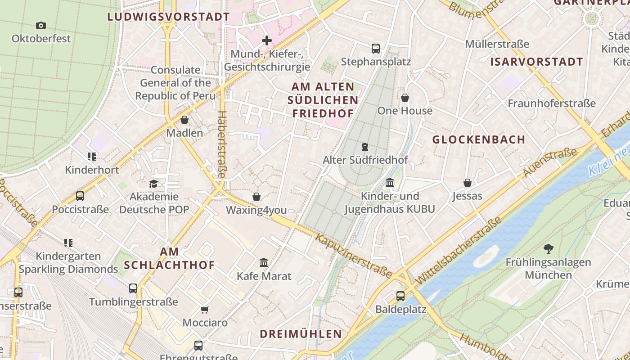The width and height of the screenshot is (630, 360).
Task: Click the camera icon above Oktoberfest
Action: click(x=41, y=25)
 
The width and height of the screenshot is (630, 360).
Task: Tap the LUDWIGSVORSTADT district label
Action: click(x=168, y=17)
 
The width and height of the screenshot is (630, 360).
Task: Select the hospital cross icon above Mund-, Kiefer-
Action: click(x=267, y=40)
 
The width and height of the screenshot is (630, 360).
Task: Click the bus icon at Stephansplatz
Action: click(x=376, y=48)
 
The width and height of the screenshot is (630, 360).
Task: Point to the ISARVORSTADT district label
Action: click(x=536, y=62)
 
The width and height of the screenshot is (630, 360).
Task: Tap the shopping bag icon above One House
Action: click(x=405, y=98)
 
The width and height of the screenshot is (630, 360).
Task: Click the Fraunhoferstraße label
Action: click(x=552, y=103)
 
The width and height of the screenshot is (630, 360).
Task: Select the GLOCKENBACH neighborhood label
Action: click(x=479, y=139)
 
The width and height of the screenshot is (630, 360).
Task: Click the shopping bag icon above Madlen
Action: click(x=184, y=120)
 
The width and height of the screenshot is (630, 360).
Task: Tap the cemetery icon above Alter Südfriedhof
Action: click(x=365, y=147)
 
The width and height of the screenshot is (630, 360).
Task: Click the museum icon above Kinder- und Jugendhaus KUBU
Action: click(x=390, y=183)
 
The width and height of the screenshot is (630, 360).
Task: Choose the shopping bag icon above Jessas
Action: click(x=468, y=183)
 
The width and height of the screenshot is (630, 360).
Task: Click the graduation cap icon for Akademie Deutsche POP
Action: click(x=154, y=184)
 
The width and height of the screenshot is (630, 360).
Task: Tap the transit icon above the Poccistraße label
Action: click(x=80, y=196)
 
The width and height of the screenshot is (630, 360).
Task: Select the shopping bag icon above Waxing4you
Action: click(x=256, y=197)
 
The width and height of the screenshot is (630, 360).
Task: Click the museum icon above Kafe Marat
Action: click(x=264, y=262)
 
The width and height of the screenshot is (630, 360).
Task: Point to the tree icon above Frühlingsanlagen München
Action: click(x=548, y=248)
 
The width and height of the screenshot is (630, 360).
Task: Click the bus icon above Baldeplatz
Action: click(x=400, y=296)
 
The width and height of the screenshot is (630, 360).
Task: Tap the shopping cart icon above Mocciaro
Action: click(x=205, y=310)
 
